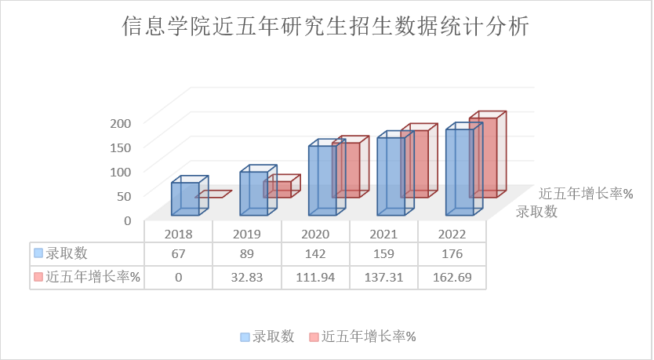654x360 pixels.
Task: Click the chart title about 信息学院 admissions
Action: (x=326, y=28)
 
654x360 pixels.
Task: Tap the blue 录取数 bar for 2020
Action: (x=322, y=180)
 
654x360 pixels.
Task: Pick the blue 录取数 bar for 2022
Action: (x=460, y=173)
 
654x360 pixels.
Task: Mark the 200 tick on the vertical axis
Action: (x=119, y=122)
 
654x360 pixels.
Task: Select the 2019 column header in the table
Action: (x=246, y=234)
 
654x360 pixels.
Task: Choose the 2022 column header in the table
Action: (x=452, y=234)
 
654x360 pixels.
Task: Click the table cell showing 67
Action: (x=178, y=254)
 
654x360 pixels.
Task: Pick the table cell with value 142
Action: (x=314, y=254)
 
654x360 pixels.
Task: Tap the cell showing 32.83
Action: (x=246, y=277)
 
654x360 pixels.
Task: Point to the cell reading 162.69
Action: (x=452, y=277)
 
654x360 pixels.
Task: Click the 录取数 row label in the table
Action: (x=67, y=254)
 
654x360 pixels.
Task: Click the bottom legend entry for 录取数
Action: (x=268, y=336)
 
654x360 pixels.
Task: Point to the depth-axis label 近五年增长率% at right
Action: (x=586, y=194)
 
